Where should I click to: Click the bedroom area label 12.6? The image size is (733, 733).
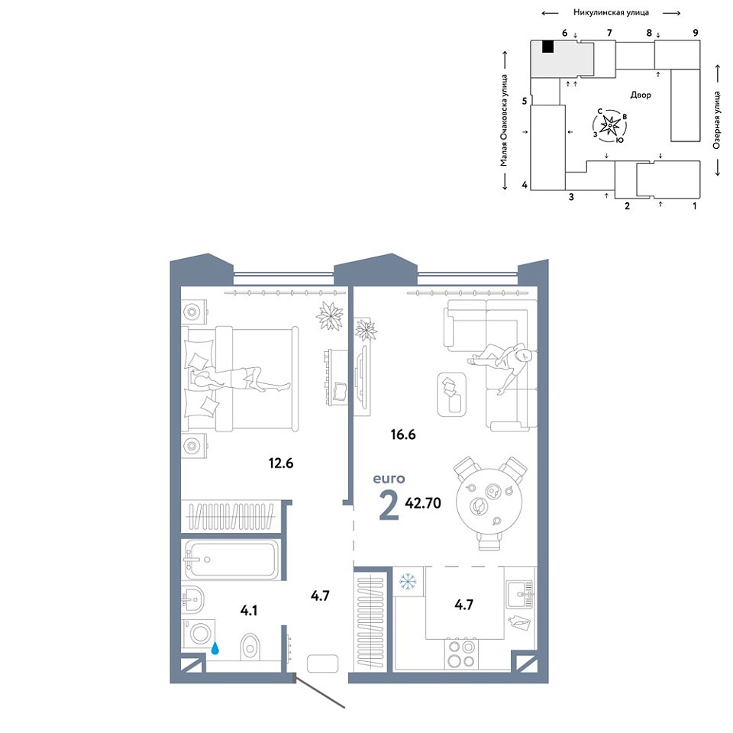click(281, 463)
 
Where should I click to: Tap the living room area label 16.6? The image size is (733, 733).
click(403, 434)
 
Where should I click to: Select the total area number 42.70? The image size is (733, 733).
click(423, 503)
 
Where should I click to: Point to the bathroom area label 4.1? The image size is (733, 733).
click(249, 611)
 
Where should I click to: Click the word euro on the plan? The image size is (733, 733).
click(389, 479)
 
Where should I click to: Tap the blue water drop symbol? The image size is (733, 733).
click(215, 648)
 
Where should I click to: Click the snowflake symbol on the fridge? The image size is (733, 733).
click(408, 581)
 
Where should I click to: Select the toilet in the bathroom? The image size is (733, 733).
click(250, 647)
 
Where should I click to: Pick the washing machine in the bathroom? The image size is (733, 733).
click(199, 634)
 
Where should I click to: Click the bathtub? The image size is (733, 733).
click(232, 560)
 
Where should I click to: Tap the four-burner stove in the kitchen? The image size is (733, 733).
click(461, 654)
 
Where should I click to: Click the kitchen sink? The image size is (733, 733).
click(520, 594)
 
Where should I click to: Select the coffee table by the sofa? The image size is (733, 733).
click(451, 395)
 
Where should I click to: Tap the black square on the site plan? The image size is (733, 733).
click(548, 47)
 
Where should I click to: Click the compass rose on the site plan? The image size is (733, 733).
click(611, 125)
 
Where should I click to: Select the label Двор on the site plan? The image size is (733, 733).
click(641, 95)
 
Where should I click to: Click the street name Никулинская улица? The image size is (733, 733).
click(611, 13)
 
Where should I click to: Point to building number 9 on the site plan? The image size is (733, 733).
click(696, 33)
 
